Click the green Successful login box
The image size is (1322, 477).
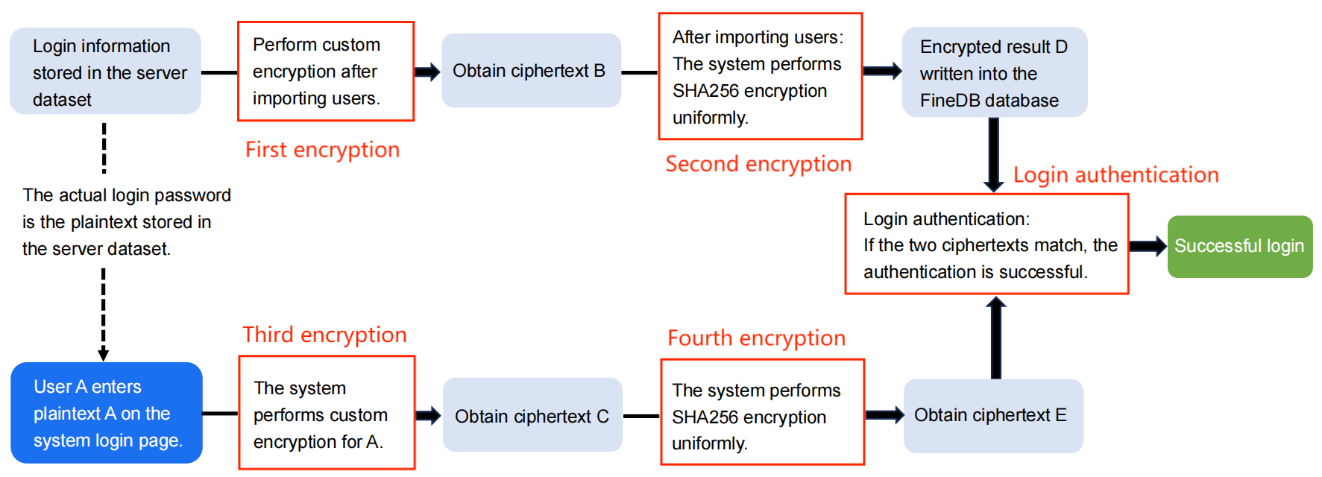click(x=1239, y=247)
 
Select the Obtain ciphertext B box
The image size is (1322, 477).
click(x=531, y=71)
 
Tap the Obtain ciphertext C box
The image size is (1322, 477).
click(x=532, y=415)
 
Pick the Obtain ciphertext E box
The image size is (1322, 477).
click(x=992, y=415)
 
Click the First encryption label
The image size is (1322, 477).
click(x=322, y=150)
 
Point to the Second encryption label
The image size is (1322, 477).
click(x=758, y=164)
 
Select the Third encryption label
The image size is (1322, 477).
click(x=324, y=335)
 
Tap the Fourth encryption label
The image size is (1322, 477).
click(x=756, y=338)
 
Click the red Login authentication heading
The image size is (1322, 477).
click(x=1115, y=175)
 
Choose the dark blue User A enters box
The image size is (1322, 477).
click(x=107, y=413)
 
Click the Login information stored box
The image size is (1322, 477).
click(x=105, y=72)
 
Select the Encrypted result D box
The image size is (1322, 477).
click(x=994, y=72)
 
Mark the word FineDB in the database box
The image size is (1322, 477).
click(x=948, y=101)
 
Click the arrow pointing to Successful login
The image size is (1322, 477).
click(x=1148, y=247)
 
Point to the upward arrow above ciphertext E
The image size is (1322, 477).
click(x=995, y=335)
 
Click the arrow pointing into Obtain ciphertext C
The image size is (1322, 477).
click(x=429, y=416)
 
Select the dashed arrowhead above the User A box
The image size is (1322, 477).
click(x=104, y=354)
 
